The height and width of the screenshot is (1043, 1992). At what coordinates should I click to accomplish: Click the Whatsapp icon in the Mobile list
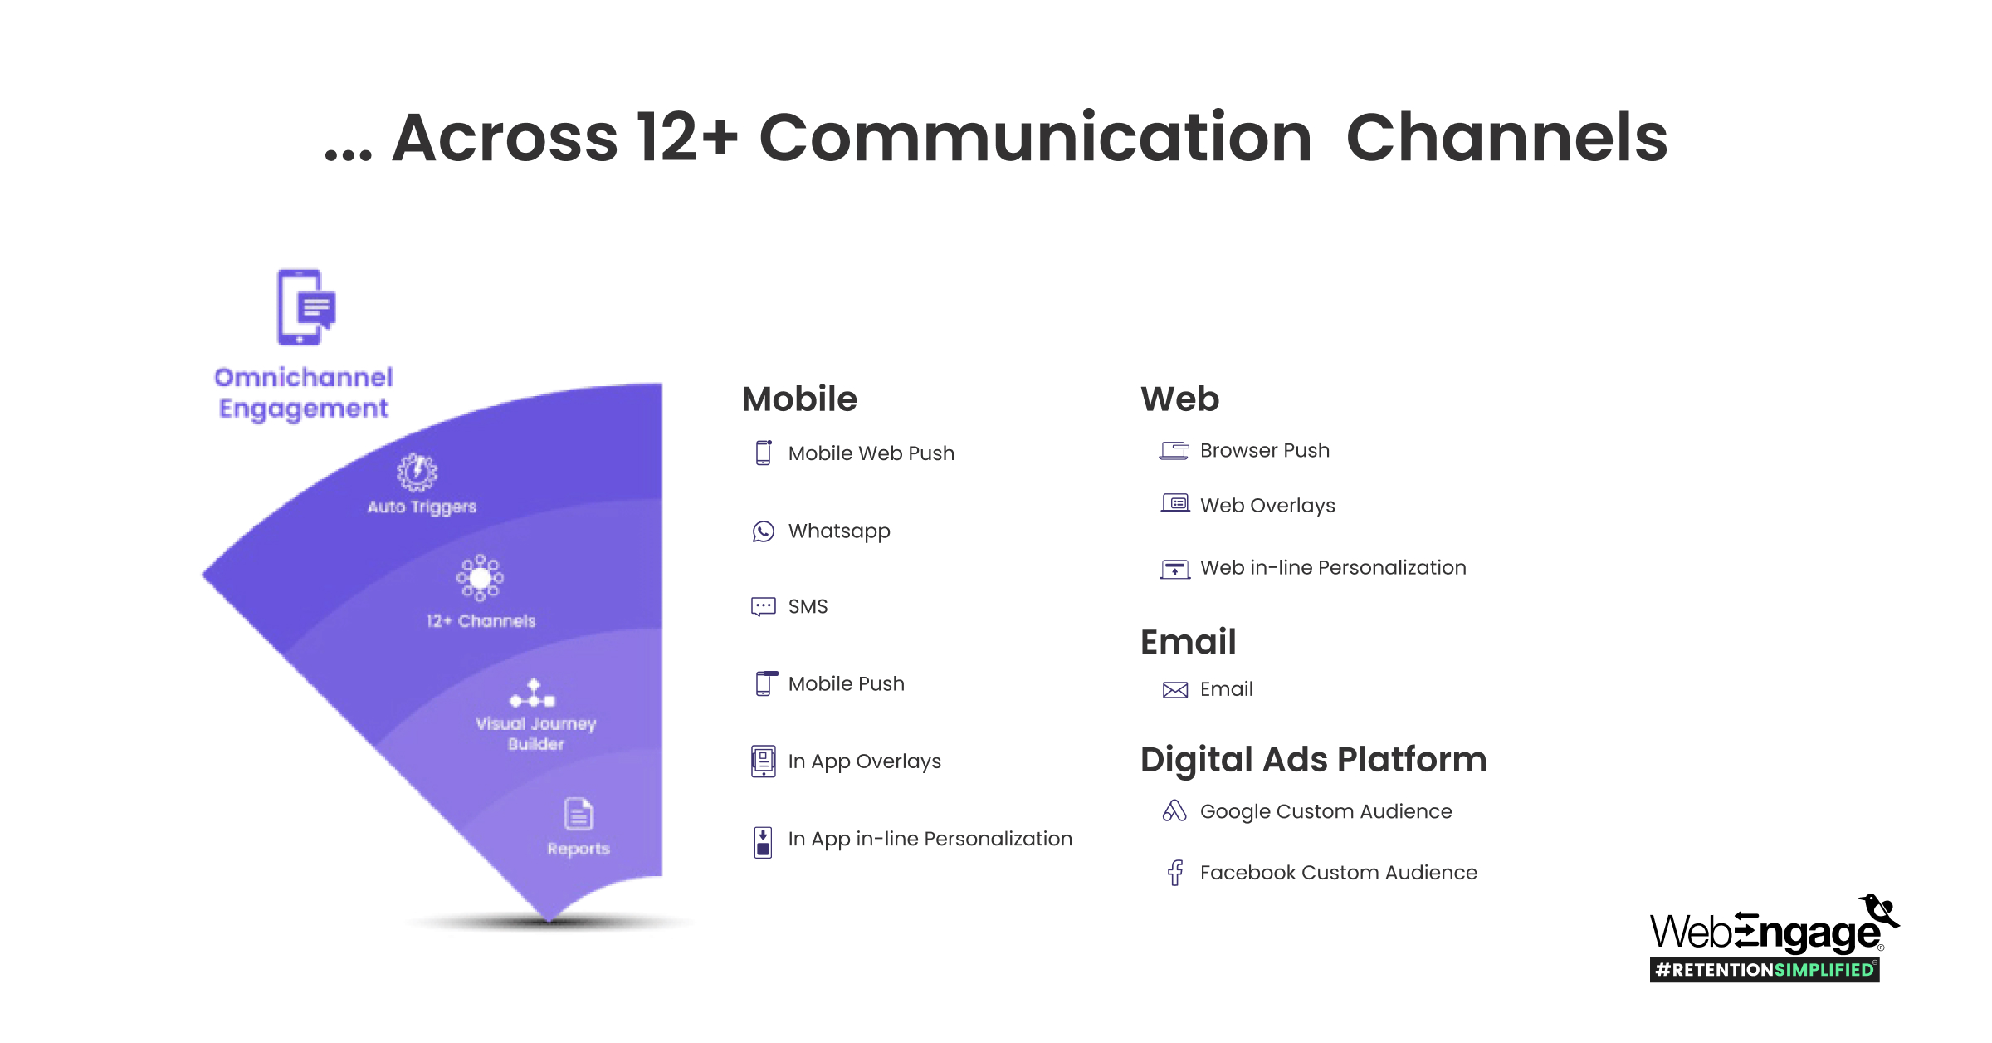coord(763,531)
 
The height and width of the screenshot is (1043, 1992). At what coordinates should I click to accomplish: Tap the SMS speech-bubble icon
coord(763,607)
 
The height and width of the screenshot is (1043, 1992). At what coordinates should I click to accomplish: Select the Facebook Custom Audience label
coord(1338,873)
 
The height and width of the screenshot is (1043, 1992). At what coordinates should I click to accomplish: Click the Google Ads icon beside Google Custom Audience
coord(1174,811)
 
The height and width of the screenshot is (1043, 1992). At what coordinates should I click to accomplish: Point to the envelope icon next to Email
coord(1174,690)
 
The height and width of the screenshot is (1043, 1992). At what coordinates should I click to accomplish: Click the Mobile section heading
coord(798,399)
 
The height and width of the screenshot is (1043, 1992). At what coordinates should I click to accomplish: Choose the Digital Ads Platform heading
coord(1313,760)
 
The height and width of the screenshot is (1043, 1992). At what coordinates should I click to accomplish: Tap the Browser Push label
coord(1264,451)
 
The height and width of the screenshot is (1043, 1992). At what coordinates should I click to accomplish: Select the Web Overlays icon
coord(1174,503)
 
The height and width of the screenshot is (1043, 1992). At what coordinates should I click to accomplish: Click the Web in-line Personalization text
coord(1333,568)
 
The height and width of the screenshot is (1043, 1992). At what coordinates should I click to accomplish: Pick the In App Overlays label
coord(864,761)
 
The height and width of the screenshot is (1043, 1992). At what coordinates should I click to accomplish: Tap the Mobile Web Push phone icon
coord(763,453)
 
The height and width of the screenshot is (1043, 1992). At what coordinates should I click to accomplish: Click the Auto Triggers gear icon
coord(417,472)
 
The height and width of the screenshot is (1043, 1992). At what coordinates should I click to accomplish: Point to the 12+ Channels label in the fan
coord(481,621)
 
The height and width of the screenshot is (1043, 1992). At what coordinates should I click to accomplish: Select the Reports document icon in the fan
coord(579,814)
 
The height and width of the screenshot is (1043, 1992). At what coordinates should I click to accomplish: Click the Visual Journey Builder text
coord(535,733)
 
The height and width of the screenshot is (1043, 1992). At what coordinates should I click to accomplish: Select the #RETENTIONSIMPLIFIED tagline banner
coord(1764,970)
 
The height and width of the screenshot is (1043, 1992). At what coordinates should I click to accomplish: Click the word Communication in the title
coord(1034,138)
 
